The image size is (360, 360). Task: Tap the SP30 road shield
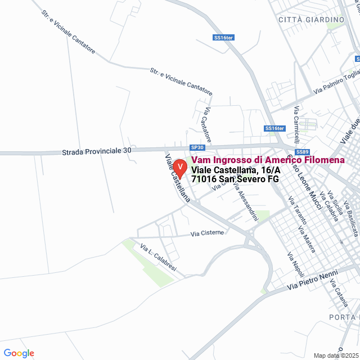[196, 147]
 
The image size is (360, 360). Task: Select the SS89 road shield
[303, 152]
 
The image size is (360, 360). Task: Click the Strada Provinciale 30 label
[96, 152]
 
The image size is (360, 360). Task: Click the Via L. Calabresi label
[158, 257]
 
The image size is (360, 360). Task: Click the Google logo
[19, 353]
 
